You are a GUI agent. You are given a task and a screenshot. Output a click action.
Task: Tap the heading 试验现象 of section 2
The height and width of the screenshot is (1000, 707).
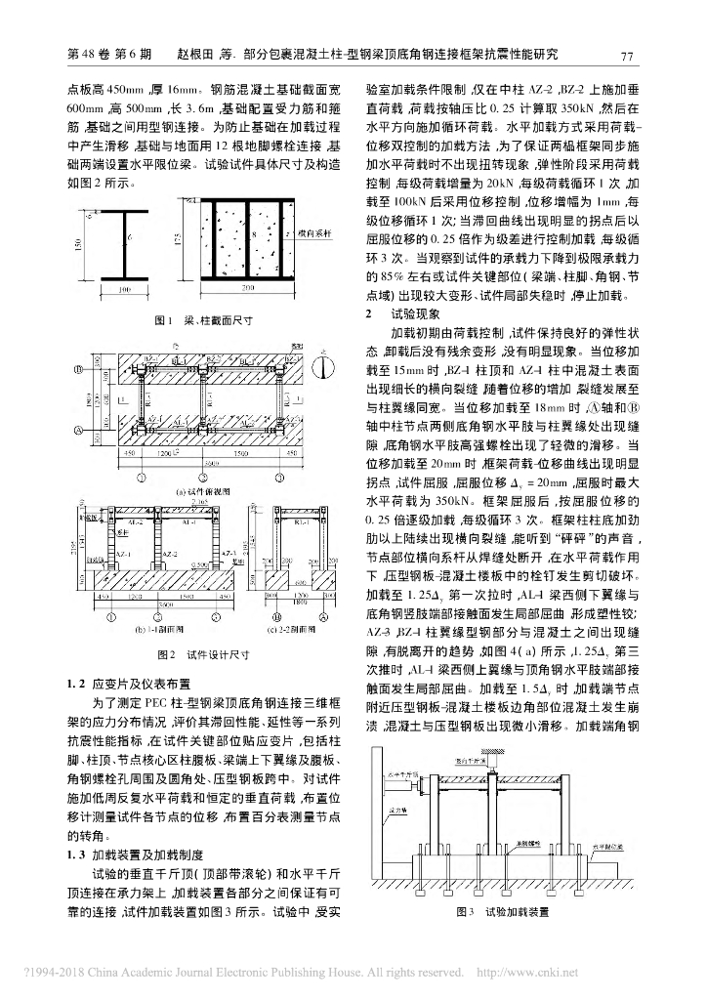click(415, 314)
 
